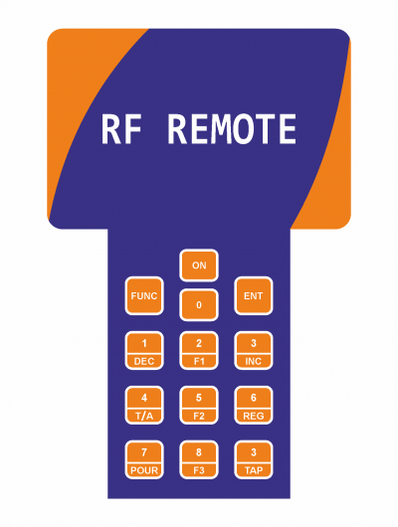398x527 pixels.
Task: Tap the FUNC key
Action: click(144, 295)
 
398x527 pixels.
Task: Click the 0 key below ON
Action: click(199, 305)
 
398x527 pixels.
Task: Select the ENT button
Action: click(254, 295)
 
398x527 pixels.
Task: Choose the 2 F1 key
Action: click(199, 351)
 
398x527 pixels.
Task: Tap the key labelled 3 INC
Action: click(254, 351)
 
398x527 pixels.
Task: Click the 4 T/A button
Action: click(144, 405)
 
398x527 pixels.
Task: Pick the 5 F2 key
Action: click(199, 405)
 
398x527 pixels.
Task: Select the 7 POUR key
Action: click(144, 459)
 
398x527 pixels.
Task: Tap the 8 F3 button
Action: click(199, 459)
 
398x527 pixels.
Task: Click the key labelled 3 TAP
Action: click(254, 459)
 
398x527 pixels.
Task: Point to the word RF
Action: click(121, 129)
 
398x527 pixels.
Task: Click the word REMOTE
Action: click(232, 129)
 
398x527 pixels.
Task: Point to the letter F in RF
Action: click(132, 129)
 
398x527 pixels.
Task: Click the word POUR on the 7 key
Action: click(144, 470)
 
